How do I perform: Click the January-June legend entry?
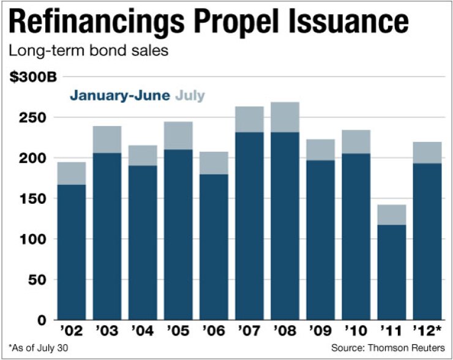[x=120, y=96]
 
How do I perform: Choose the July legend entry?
[x=190, y=96]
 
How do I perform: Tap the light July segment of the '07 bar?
[x=249, y=119]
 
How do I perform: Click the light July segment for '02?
[x=71, y=173]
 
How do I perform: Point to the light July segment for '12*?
[x=427, y=152]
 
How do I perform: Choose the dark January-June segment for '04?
[x=142, y=242]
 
